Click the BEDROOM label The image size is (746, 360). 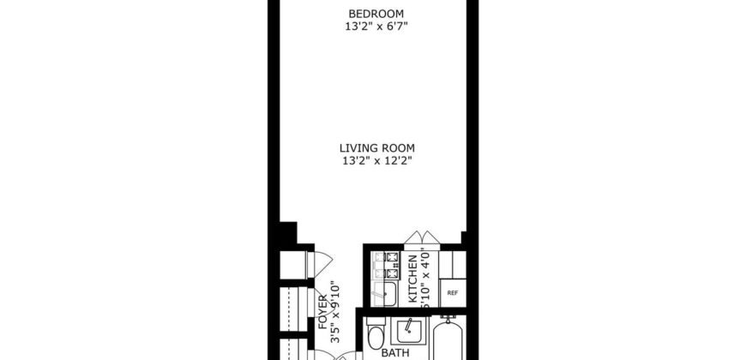pyautogui.click(x=375, y=13)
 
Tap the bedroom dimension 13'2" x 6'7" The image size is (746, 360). pyautogui.click(x=375, y=26)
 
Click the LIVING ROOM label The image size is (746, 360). pyautogui.click(x=375, y=147)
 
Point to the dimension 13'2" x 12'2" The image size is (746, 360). pyautogui.click(x=375, y=159)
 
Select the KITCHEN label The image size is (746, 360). pyautogui.click(x=412, y=279)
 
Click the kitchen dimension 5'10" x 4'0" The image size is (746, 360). pyautogui.click(x=426, y=278)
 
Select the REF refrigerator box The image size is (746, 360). pyautogui.click(x=452, y=292)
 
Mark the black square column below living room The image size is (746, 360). pyautogui.click(x=288, y=232)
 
